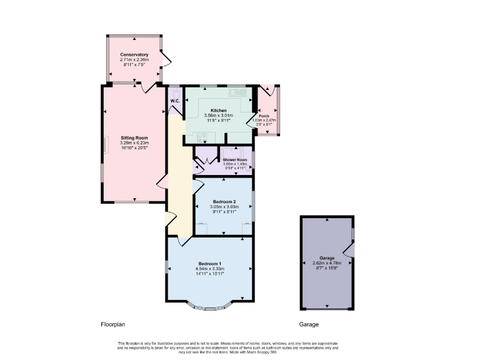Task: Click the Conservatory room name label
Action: click(x=134, y=54)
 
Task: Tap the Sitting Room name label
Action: click(x=134, y=137)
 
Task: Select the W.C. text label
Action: click(x=175, y=101)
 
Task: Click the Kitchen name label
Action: click(x=218, y=111)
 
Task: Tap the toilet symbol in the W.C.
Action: click(x=176, y=91)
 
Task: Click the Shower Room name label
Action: click(x=235, y=160)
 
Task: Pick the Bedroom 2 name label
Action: click(x=224, y=202)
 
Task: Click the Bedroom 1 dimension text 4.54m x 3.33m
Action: click(x=210, y=269)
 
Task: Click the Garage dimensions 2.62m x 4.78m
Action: click(x=327, y=262)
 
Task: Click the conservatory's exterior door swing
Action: click(x=165, y=59)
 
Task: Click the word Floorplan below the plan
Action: click(x=113, y=325)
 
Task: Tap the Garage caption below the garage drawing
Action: click(x=309, y=325)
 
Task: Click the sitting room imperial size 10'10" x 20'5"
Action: click(x=134, y=148)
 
